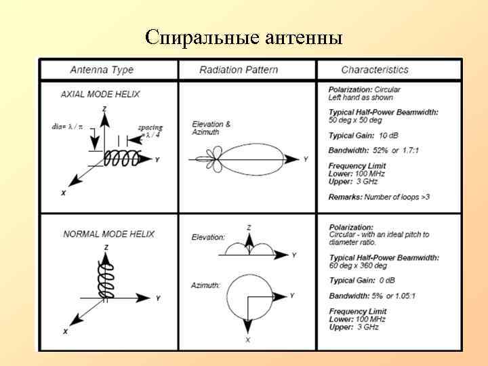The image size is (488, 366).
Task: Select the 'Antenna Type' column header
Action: [102, 70]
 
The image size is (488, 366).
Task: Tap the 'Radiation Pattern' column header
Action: [237, 70]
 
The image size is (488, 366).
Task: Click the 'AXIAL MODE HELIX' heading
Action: [100, 94]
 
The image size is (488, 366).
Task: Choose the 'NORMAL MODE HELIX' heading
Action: [108, 234]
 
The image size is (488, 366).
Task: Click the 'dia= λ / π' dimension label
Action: [68, 126]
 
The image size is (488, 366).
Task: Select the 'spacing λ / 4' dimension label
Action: [150, 131]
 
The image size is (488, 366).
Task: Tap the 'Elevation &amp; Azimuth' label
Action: [211, 128]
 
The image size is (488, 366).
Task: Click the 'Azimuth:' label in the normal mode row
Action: [205, 285]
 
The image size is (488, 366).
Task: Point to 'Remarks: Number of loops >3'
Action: [380, 197]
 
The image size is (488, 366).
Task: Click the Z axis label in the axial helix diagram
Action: [104, 108]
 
